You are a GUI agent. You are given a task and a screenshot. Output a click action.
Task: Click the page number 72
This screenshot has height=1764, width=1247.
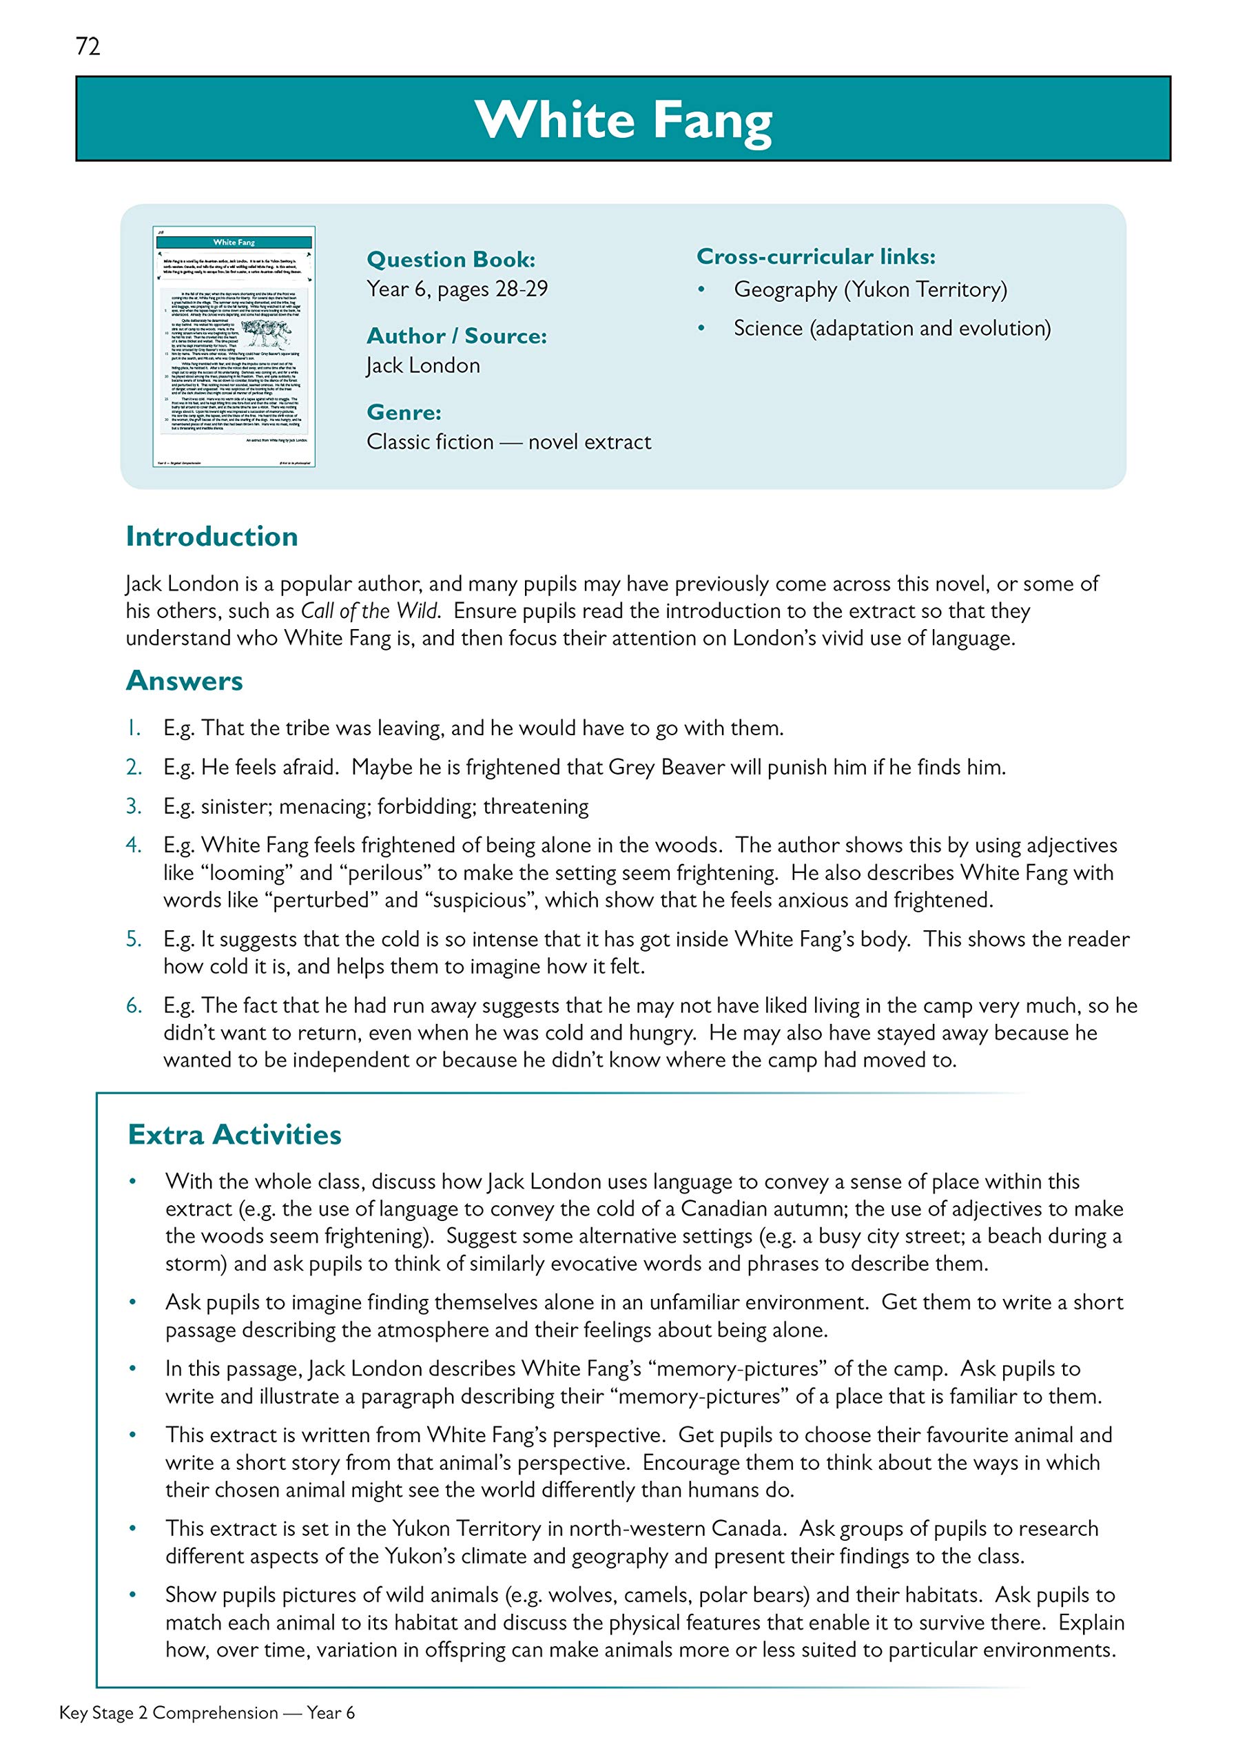(x=87, y=46)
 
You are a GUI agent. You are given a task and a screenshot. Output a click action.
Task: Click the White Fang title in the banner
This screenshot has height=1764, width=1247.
(x=623, y=120)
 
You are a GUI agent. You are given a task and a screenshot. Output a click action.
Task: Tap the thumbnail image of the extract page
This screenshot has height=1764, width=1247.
(x=234, y=347)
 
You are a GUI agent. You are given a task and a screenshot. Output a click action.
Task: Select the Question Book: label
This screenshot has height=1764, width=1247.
(x=451, y=260)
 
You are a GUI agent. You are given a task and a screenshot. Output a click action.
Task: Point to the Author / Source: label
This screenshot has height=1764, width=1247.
(x=456, y=336)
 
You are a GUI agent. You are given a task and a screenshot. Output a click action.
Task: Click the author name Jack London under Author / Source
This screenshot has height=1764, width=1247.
(x=422, y=366)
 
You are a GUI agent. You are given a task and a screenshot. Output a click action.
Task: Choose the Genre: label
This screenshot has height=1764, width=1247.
(x=403, y=413)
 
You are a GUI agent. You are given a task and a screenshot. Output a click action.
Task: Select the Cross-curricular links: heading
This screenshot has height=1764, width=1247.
(x=815, y=256)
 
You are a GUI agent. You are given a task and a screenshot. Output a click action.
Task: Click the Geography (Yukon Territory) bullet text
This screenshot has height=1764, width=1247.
(x=869, y=289)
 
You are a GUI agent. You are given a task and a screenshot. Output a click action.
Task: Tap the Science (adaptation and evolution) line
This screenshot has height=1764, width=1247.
(x=892, y=328)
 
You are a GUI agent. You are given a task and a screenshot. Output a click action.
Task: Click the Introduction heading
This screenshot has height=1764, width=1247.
(x=212, y=536)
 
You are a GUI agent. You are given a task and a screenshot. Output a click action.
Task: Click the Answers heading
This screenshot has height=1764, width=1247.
(x=184, y=681)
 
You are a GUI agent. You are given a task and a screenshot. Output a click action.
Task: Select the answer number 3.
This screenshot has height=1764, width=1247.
(x=134, y=806)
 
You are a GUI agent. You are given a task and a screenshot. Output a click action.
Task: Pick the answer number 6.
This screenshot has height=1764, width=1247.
(x=134, y=1006)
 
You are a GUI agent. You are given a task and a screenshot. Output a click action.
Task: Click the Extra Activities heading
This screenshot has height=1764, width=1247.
(x=234, y=1135)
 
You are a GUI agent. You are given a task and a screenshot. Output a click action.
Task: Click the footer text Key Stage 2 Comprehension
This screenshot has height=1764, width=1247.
(x=168, y=1712)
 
